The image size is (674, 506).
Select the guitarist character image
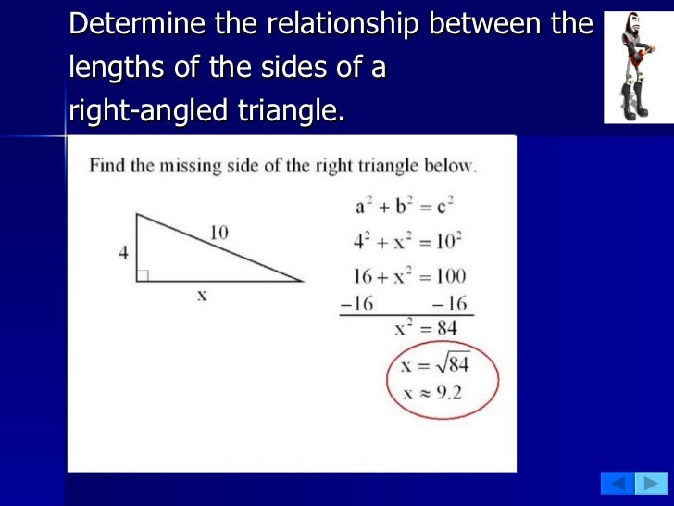pos(637,67)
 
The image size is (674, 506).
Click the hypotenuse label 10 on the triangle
pos(218,234)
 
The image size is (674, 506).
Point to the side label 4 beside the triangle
pos(123,251)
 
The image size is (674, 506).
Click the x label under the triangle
pos(200,297)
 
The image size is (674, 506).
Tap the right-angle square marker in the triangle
pos(143,275)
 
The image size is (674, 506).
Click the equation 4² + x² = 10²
pos(407,243)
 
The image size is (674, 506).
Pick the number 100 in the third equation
pos(448,276)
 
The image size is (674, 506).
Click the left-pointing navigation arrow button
pos(617,483)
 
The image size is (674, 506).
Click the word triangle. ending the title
pos(290,112)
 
